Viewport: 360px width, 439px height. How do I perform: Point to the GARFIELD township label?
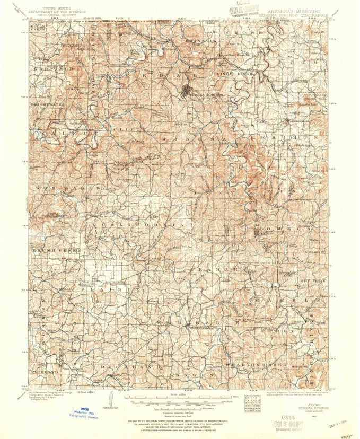click(x=51, y=69)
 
